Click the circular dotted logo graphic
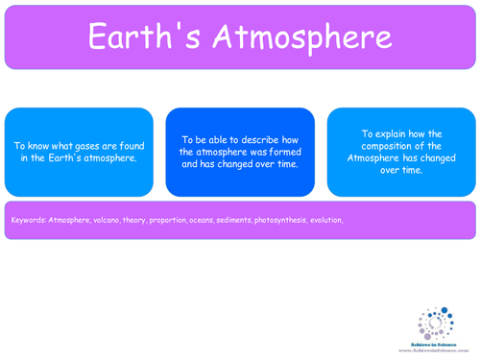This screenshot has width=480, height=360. pyautogui.click(x=435, y=323)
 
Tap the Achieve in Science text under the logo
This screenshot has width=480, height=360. pyautogui.click(x=434, y=344)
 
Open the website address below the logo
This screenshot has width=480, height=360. pyautogui.click(x=434, y=350)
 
